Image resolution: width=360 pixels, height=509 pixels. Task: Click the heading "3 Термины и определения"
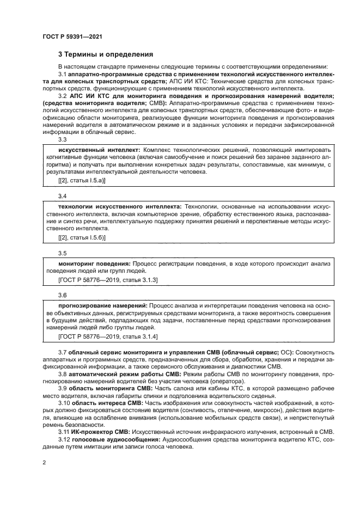106,54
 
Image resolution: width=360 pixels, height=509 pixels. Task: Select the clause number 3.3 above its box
62,139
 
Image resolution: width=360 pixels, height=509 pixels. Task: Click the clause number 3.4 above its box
62,195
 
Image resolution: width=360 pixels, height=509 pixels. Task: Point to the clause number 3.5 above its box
62,253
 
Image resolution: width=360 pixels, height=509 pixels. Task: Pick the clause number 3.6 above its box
62,295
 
